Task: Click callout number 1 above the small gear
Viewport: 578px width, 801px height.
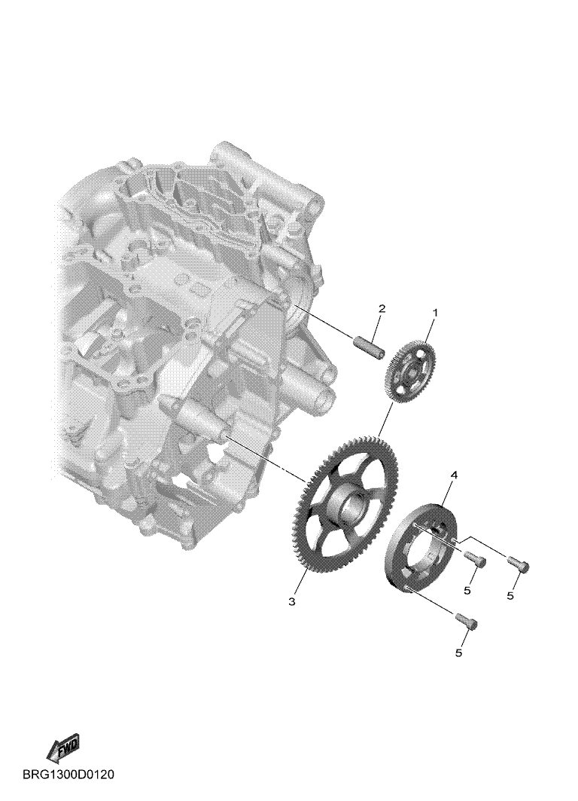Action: tap(435, 311)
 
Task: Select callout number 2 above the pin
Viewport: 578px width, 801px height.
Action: tap(382, 308)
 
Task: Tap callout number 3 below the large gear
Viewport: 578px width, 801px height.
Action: tap(291, 602)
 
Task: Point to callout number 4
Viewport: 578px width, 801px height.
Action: tap(454, 475)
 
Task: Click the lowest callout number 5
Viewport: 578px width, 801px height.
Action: tap(458, 653)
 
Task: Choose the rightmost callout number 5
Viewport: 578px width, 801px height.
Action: tap(510, 595)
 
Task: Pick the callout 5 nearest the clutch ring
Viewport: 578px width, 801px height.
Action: tap(467, 591)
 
